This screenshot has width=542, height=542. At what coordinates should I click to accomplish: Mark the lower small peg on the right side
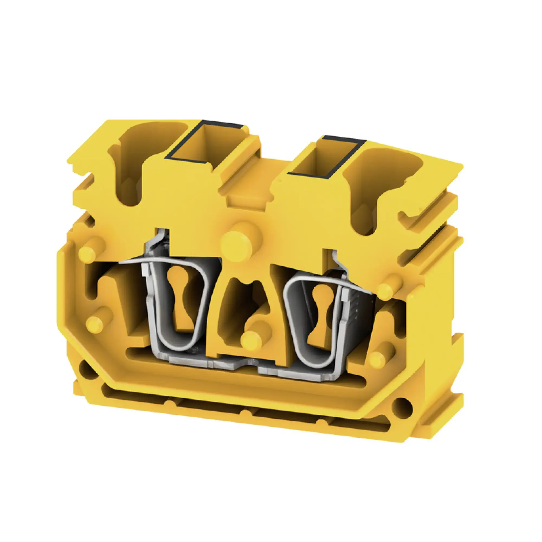click(x=379, y=359)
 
